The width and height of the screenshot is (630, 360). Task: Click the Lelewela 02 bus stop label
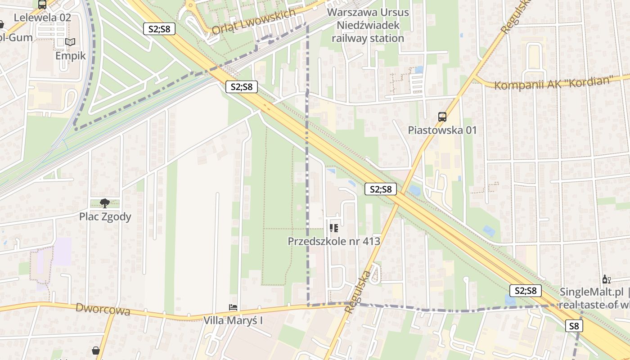[43, 18]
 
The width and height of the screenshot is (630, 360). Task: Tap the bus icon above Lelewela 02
[42, 5]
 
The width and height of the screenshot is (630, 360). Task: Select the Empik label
[70, 55]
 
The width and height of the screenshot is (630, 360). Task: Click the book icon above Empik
[70, 42]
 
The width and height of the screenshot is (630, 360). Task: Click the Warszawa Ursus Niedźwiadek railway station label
[368, 25]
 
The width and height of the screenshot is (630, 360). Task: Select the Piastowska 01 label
[442, 130]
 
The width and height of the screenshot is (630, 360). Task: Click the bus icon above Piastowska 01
[442, 117]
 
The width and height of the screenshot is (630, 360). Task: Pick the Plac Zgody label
[105, 216]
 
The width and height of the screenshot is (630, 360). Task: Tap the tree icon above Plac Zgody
[105, 203]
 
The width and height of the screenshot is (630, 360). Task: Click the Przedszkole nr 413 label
[334, 241]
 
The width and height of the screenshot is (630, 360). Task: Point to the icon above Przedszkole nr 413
[333, 228]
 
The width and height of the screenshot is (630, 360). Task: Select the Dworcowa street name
[103, 310]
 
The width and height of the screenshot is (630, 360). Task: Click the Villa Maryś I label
[233, 321]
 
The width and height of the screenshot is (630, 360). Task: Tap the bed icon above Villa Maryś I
[233, 308]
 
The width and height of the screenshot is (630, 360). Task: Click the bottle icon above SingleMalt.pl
[606, 279]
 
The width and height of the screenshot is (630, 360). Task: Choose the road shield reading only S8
[574, 326]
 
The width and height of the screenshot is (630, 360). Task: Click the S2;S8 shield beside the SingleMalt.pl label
[525, 291]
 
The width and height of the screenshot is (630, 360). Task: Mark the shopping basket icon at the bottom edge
[96, 350]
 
